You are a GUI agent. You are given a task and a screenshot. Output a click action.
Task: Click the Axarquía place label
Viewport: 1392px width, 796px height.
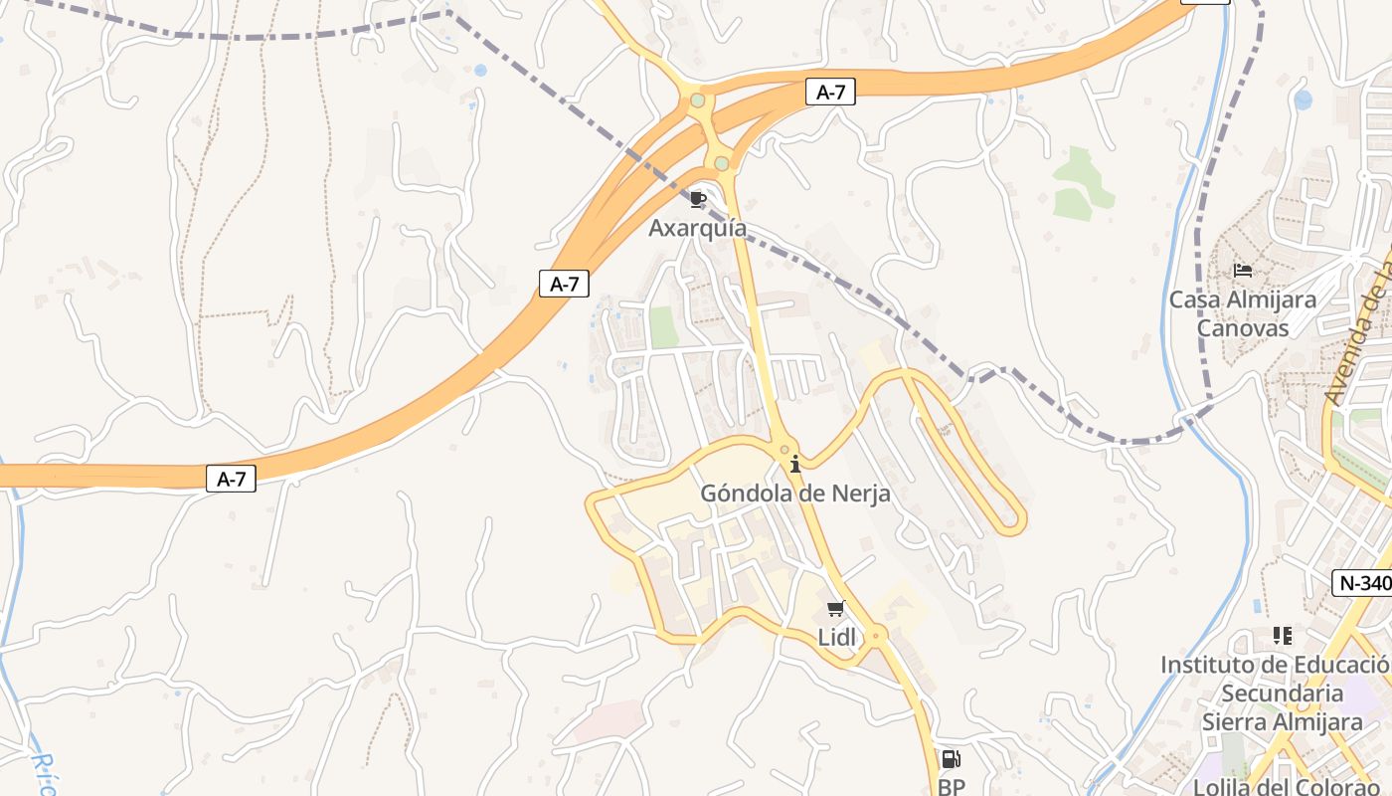coord(697,228)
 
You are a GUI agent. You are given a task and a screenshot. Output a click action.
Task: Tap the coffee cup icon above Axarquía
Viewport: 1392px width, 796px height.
coord(697,200)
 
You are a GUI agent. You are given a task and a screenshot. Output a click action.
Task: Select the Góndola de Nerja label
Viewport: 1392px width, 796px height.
coord(795,493)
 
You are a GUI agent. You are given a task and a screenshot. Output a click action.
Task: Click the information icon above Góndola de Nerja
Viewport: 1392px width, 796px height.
coord(794,465)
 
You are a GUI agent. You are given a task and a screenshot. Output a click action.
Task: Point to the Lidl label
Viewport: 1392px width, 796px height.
coord(836,638)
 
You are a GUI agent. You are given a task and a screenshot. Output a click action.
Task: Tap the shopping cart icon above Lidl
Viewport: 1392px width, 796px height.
coord(836,609)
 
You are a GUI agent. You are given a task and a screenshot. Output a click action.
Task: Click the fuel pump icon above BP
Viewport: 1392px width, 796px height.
coord(951,759)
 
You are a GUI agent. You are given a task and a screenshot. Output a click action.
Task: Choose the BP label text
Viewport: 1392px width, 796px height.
coord(952,787)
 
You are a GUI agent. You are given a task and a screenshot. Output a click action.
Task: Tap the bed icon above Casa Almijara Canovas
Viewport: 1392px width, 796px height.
coord(1242,270)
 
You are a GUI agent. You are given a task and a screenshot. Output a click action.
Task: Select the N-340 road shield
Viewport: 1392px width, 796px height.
coord(1362,583)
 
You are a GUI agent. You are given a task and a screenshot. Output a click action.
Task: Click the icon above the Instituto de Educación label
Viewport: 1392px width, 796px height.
coord(1282,635)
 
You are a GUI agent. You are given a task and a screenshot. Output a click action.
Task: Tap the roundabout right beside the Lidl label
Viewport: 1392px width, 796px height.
coord(877,634)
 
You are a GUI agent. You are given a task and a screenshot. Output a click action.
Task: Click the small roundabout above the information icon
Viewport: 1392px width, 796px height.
coord(784,450)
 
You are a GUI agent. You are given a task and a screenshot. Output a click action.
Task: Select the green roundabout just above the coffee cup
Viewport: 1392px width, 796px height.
coord(722,162)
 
